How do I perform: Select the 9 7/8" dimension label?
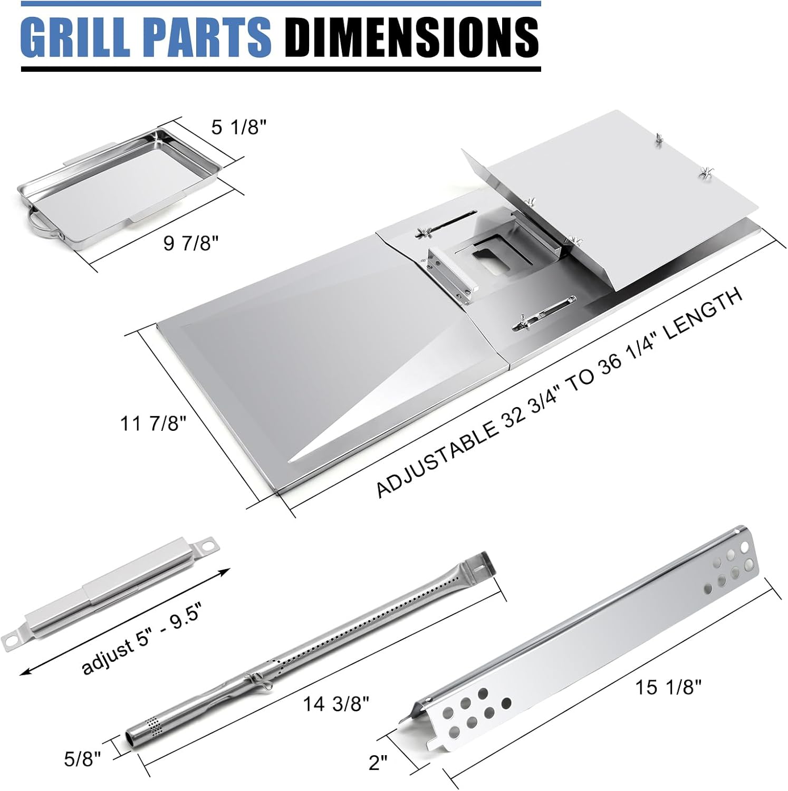point(191,244)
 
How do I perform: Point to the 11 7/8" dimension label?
point(153,423)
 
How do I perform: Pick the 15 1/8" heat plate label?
point(669,687)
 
